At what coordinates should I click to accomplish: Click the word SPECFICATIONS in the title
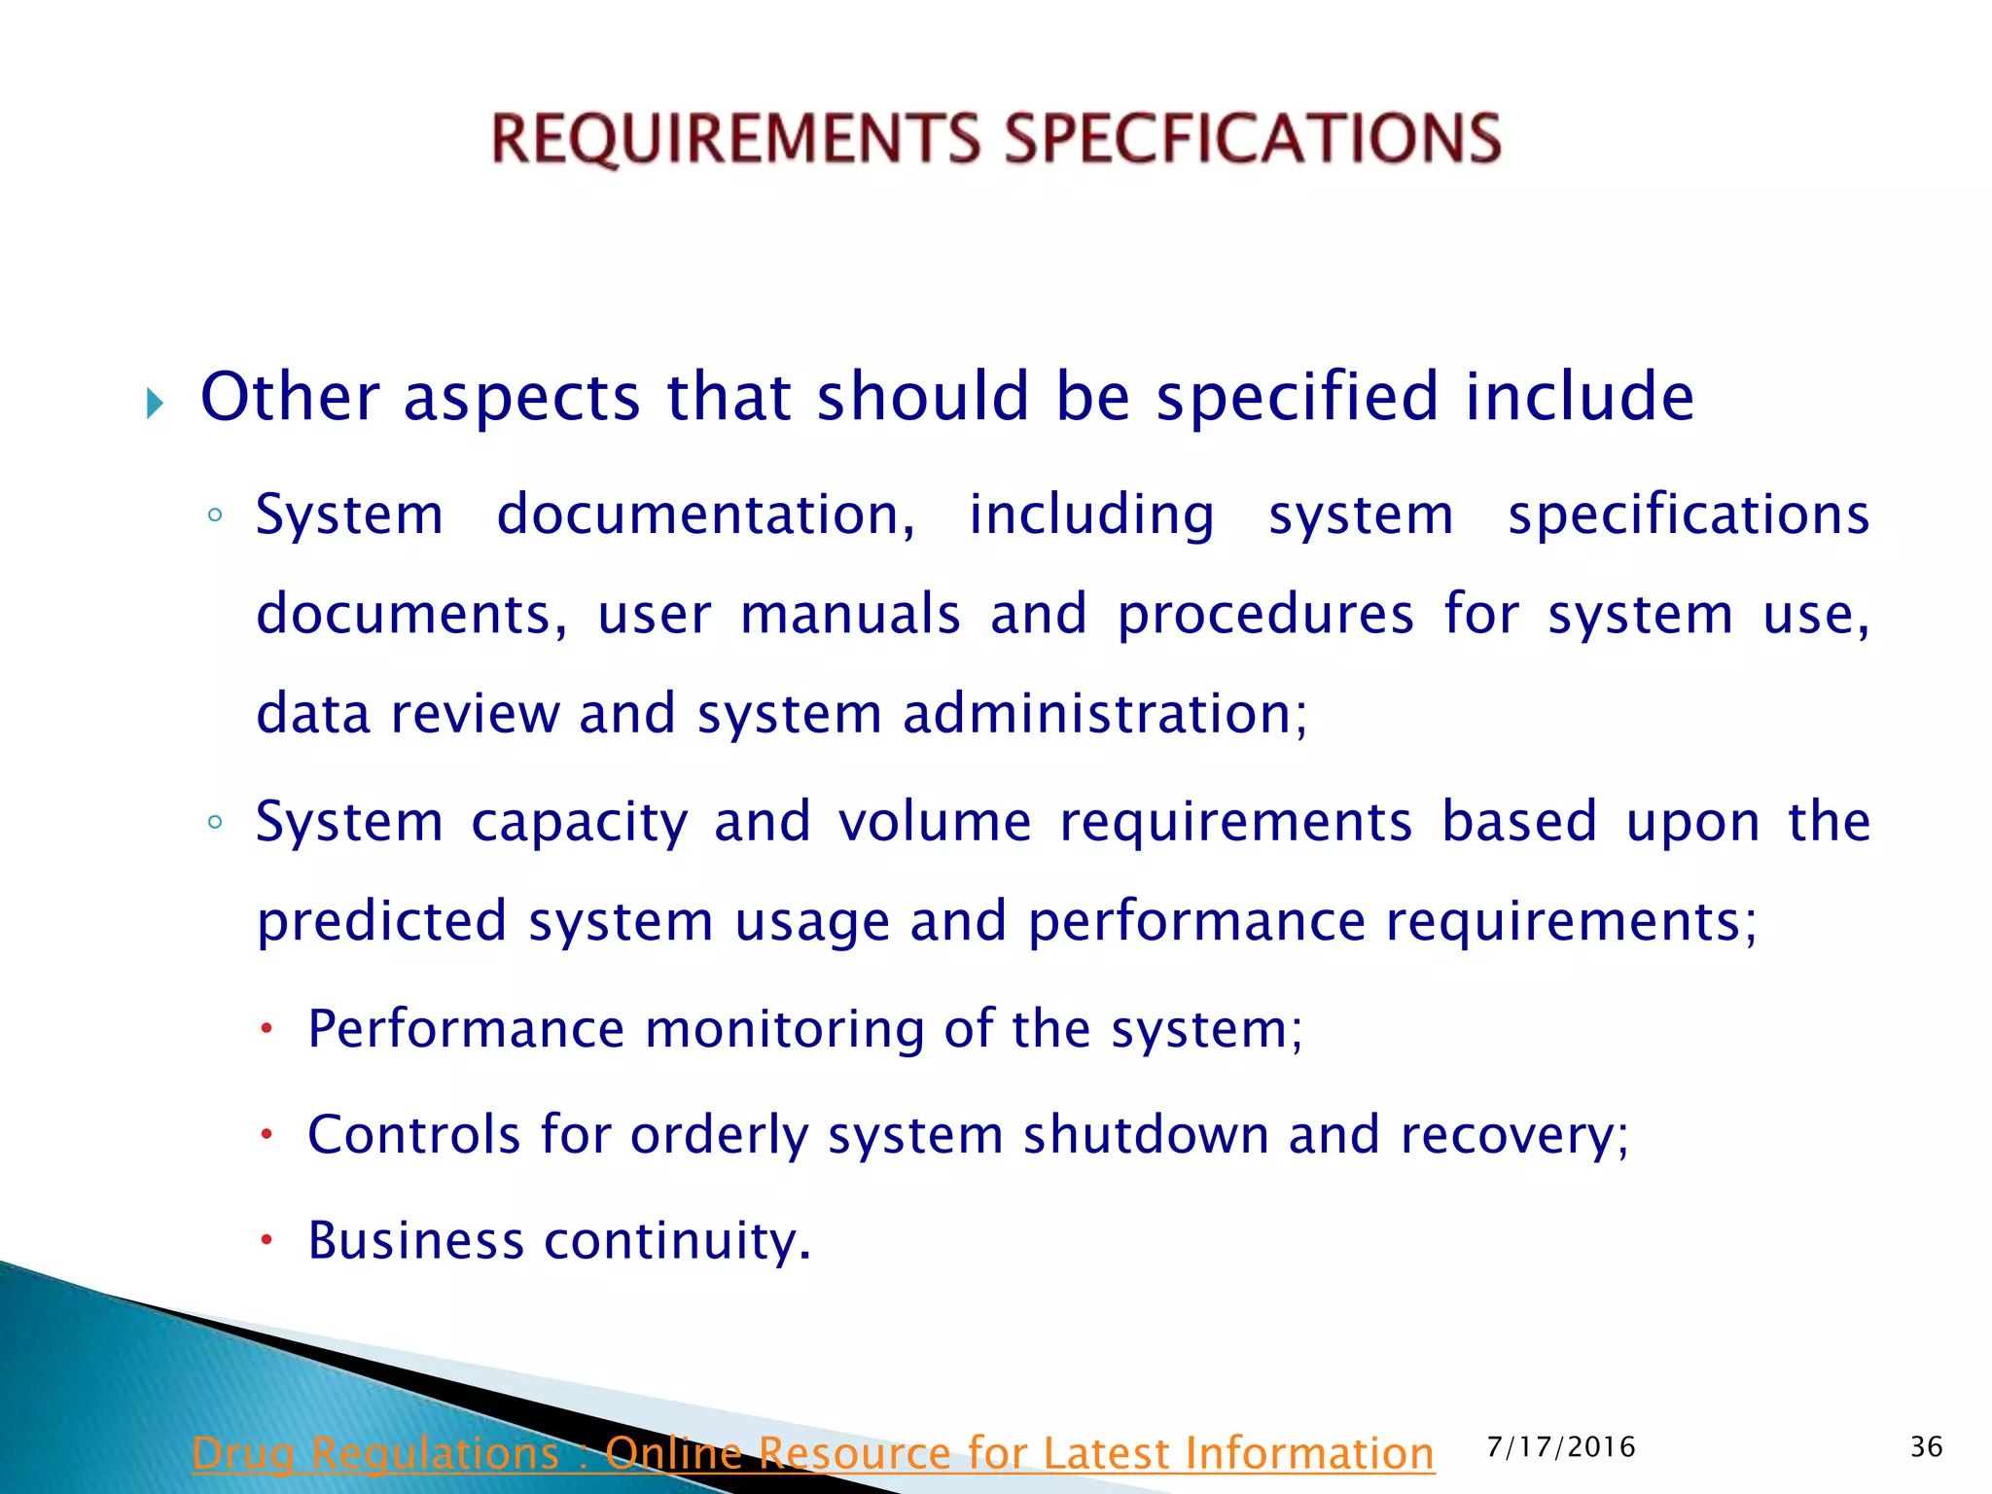[1253, 138]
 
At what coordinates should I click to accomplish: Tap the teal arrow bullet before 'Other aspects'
[155, 402]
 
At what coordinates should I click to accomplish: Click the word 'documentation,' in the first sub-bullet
[706, 515]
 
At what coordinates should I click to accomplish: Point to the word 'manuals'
[850, 615]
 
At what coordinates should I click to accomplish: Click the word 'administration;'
[1105, 714]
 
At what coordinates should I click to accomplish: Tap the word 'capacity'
[580, 823]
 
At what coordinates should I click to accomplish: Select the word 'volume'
[935, 822]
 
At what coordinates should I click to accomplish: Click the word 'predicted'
[381, 921]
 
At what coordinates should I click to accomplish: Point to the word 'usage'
[811, 923]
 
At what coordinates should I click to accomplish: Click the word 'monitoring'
[784, 1030]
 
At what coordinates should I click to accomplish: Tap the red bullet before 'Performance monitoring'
[267, 1028]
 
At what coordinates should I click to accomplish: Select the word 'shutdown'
[1145, 1135]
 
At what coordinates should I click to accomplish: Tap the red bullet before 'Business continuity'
[267, 1240]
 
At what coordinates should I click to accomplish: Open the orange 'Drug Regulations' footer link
[813, 1453]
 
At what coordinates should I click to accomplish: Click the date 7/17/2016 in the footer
[1561, 1447]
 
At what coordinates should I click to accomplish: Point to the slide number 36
[1926, 1447]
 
